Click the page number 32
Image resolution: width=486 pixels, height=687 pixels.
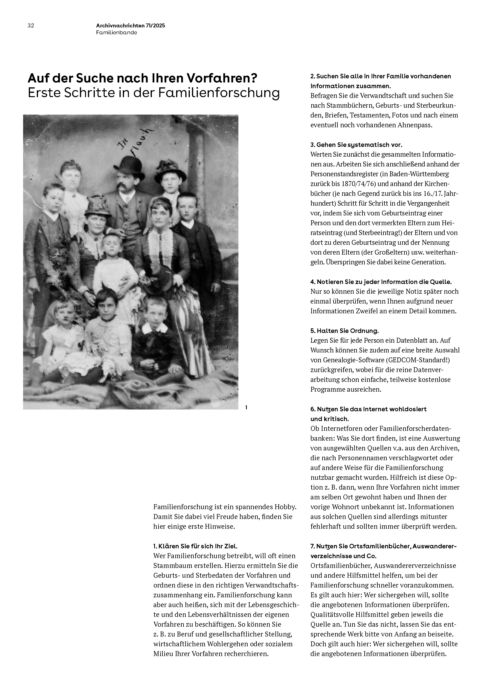(31, 26)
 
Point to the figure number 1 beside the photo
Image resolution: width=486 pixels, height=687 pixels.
(246, 407)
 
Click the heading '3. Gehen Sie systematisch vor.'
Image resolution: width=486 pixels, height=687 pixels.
(356, 145)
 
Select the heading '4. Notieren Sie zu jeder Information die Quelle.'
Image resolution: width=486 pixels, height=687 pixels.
(381, 282)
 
